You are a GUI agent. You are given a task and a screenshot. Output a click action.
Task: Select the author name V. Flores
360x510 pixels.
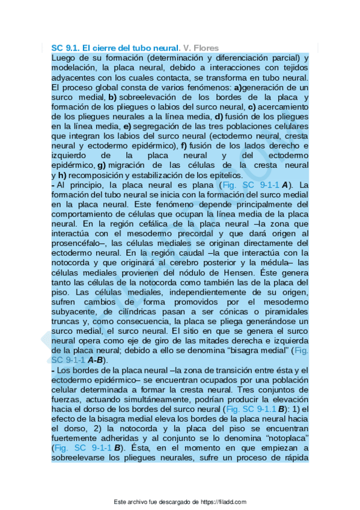click(x=201, y=48)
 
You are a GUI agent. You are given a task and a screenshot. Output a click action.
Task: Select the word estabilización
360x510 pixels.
click(x=150, y=174)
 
